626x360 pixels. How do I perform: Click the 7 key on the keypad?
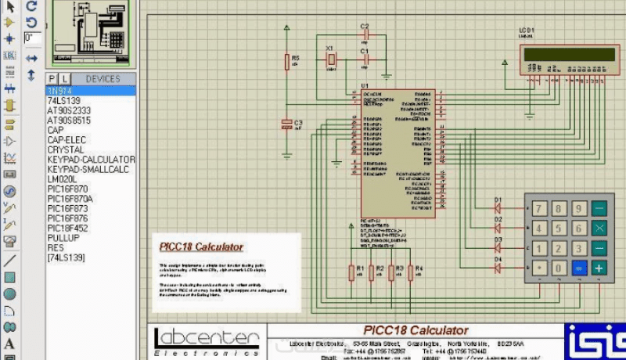[538, 208]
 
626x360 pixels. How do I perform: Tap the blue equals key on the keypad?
[579, 268]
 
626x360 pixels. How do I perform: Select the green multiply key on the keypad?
[599, 229]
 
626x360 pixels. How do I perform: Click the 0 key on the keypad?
[559, 268]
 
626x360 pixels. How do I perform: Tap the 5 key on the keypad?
[559, 229]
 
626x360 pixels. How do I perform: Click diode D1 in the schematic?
[498, 209]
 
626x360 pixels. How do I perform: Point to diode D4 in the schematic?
[498, 268]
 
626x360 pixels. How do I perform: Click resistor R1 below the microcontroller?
[351, 272]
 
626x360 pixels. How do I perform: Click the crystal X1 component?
[331, 59]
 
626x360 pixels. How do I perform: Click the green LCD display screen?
[569, 54]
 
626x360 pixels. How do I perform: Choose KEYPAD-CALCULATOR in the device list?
[91, 159]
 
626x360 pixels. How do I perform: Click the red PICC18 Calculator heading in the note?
[201, 247]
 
